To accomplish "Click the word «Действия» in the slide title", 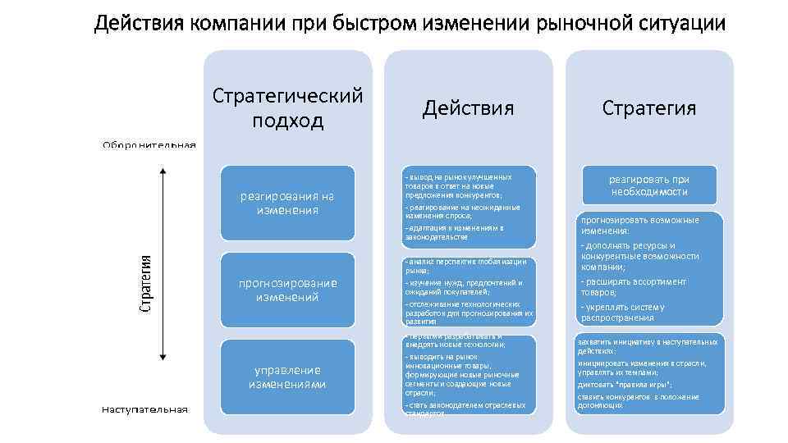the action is (x=140, y=23).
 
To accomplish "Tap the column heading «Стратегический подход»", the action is (x=287, y=108).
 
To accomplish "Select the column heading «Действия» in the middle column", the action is (x=468, y=108).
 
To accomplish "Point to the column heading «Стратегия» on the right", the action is (x=648, y=108).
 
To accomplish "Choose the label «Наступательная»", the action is (x=145, y=409).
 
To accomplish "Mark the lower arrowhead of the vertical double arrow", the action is (x=163, y=357).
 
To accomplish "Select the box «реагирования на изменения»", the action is (x=287, y=203).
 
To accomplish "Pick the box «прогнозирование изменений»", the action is (x=287, y=290).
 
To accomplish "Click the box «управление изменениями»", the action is (x=287, y=377).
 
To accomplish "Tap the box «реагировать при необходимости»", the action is (x=648, y=185).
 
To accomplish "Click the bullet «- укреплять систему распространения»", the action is (x=623, y=313).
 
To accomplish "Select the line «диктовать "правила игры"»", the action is (x=625, y=384).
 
